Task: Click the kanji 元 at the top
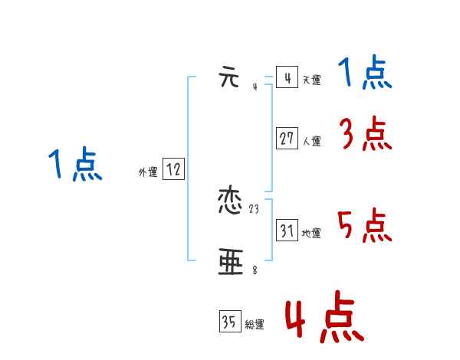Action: click(x=230, y=78)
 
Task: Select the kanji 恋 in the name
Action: click(x=231, y=202)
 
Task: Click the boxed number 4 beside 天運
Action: click(x=286, y=78)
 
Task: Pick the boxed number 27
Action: click(x=287, y=139)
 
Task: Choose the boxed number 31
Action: click(x=287, y=231)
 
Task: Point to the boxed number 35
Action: click(x=229, y=322)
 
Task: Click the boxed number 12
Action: click(x=173, y=170)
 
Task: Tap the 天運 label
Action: click(x=311, y=80)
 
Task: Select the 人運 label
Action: click(x=311, y=141)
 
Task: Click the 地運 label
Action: click(x=311, y=233)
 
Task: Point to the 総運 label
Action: click(x=255, y=325)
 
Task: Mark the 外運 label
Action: click(x=148, y=172)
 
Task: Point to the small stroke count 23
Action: click(x=255, y=209)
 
